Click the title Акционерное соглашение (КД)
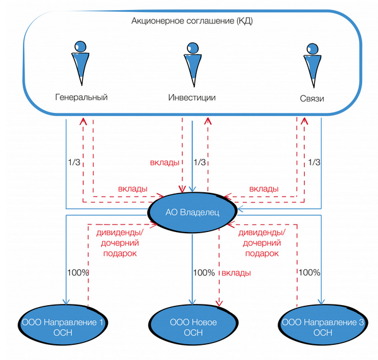[x=192, y=21]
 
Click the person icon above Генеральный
[x=81, y=63]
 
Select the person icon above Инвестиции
[x=192, y=64]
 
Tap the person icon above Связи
[x=312, y=66]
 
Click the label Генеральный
[x=81, y=97]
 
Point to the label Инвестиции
[x=192, y=98]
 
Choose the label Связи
[x=312, y=98]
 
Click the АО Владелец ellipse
[x=192, y=212]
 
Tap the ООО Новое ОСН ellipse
[x=193, y=325]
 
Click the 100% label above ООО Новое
[x=204, y=272]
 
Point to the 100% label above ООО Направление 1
[x=78, y=272]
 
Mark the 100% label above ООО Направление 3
[x=310, y=272]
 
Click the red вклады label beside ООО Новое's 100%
[x=236, y=273]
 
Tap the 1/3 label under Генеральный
[x=74, y=162]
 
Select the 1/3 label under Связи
[x=314, y=162]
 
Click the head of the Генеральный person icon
[x=80, y=47]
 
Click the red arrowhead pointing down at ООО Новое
[x=219, y=303]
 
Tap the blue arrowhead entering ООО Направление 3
[x=321, y=301]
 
